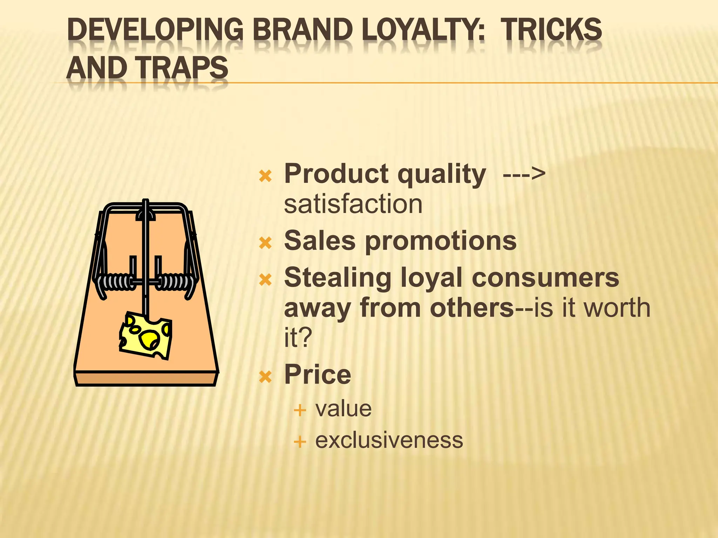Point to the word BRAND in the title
[303, 30]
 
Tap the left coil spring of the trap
[116, 282]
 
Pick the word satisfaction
[353, 204]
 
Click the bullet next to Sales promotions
[265, 242]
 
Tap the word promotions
[441, 242]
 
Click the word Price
[318, 374]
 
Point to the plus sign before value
[300, 410]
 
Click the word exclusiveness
[389, 440]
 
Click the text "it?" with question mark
[298, 338]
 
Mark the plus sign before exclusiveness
[300, 442]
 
